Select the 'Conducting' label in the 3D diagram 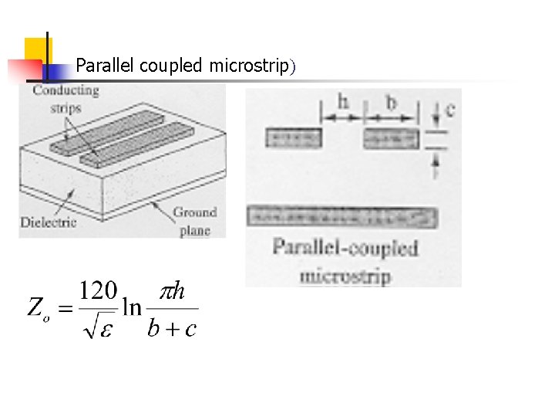coord(66,90)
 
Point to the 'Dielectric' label coord(48,223)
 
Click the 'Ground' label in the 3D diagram coord(194,212)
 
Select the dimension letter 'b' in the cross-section coord(392,103)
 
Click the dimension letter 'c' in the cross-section coord(449,109)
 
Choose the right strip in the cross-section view coord(392,139)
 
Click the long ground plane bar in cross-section coord(341,216)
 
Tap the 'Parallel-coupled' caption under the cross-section coord(345,248)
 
